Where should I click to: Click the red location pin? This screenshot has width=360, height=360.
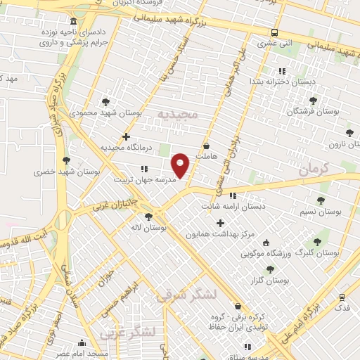click(181, 165)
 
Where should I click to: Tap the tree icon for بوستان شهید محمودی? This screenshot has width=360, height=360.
click(105, 102)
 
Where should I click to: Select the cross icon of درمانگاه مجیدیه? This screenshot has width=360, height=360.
click(126, 136)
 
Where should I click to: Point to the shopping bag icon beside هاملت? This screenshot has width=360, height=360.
click(205, 146)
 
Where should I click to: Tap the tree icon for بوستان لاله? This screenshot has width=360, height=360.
click(148, 217)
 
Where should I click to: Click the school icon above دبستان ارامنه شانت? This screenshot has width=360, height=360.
click(233, 196)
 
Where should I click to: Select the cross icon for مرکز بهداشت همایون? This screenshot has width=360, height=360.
click(220, 223)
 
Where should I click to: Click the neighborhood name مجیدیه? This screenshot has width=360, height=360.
click(178, 113)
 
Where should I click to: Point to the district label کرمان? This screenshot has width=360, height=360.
click(313, 170)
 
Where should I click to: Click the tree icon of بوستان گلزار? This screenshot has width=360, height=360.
click(270, 269)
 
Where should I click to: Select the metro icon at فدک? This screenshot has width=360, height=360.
click(342, 297)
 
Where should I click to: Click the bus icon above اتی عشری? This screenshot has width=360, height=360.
click(274, 32)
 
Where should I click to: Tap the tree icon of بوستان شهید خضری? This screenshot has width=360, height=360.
click(66, 160)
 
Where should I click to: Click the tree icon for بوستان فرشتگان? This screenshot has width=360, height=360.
click(313, 101)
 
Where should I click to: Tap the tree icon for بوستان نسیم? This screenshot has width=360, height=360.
click(321, 200)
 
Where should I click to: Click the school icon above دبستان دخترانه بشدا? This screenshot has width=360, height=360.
click(282, 71)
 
